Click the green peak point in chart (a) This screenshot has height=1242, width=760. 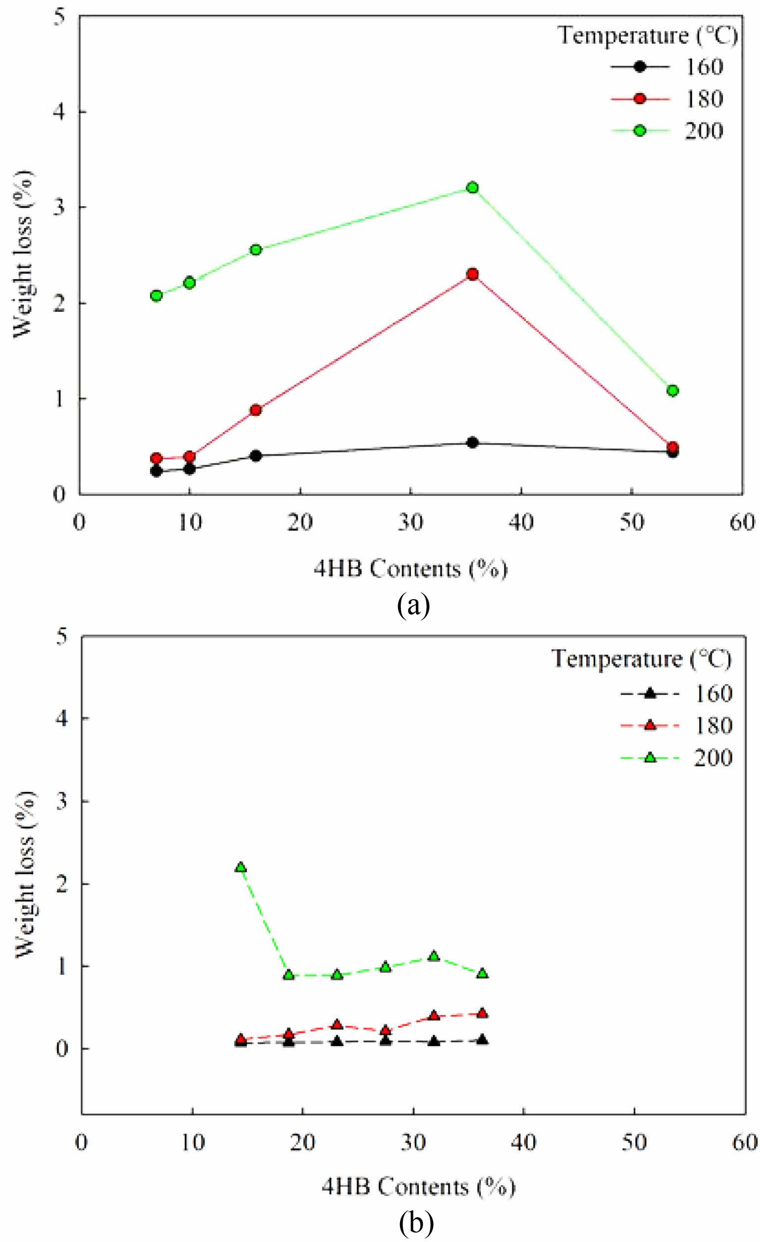point(472,187)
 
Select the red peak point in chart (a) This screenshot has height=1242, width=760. point(472,274)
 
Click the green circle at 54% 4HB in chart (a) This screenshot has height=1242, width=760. point(672,390)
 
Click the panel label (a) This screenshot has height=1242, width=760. point(413,605)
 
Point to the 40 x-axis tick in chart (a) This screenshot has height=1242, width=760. point(521,522)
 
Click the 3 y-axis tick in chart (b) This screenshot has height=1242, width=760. point(61,801)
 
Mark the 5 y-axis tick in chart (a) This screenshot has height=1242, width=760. point(59,16)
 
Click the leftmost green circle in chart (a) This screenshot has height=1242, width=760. point(156,295)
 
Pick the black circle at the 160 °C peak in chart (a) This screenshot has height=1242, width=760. point(472,443)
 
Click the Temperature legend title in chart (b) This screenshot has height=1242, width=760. point(641,659)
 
